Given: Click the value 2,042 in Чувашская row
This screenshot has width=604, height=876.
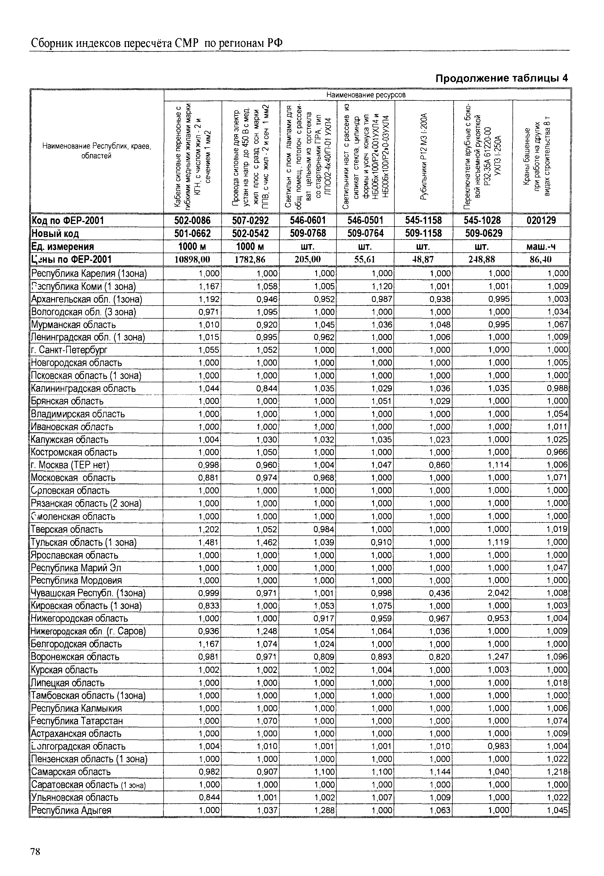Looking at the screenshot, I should pyautogui.click(x=498, y=593).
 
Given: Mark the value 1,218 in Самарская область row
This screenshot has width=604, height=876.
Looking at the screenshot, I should pyautogui.click(x=557, y=771).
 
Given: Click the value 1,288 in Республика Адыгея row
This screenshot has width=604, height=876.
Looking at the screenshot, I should pyautogui.click(x=325, y=810).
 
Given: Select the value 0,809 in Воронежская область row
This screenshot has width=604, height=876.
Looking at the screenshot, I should pyautogui.click(x=325, y=657).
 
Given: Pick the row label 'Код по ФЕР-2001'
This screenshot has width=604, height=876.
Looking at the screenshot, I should pyautogui.click(x=67, y=220).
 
